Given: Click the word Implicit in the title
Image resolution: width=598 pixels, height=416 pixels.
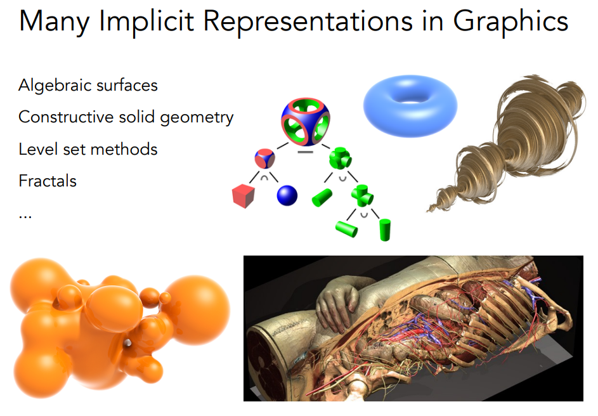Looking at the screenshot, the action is click(x=146, y=22).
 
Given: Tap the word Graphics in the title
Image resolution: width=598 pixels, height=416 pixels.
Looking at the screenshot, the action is click(x=510, y=22).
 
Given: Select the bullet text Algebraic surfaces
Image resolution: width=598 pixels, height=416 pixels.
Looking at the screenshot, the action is click(x=88, y=85).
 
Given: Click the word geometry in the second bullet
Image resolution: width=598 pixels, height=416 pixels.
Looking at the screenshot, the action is click(x=197, y=118).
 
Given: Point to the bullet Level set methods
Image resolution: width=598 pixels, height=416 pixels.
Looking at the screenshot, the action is click(x=88, y=149).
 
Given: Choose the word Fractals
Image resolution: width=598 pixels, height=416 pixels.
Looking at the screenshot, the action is click(x=48, y=181).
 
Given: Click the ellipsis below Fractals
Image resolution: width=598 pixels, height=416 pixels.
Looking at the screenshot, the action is click(x=25, y=217).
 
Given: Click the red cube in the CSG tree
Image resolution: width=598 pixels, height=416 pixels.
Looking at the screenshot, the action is click(x=244, y=196).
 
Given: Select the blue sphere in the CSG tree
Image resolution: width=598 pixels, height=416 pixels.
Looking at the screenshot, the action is click(x=287, y=195).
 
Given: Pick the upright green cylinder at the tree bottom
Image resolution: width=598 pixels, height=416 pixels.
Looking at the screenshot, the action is click(x=385, y=230).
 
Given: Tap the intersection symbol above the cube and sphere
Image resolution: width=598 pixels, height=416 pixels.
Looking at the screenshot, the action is click(x=264, y=178).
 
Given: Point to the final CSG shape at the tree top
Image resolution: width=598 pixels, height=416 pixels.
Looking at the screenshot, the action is click(x=306, y=122).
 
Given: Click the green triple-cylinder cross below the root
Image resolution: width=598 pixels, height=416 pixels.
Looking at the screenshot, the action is click(x=340, y=159).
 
